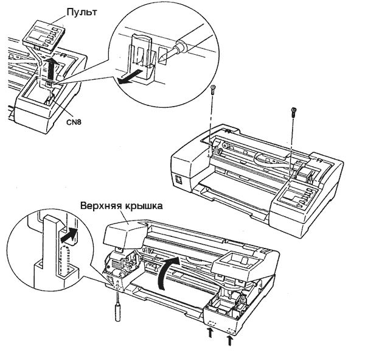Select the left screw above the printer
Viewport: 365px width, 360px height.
click(212, 90)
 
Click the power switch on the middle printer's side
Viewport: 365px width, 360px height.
click(178, 180)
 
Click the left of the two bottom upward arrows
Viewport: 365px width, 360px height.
click(210, 333)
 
